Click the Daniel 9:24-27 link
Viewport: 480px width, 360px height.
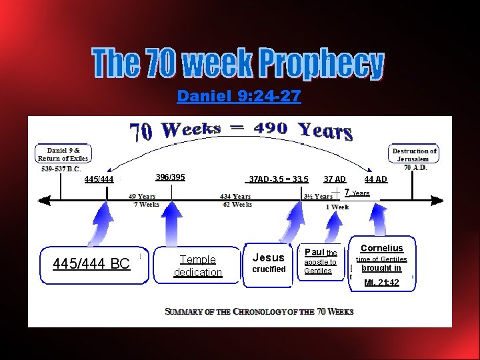239,97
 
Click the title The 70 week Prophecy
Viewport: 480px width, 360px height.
239,64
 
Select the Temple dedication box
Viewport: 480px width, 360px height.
198,266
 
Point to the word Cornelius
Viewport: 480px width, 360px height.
381,249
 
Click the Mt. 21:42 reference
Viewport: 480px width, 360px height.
381,283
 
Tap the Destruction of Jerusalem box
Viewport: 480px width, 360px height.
414,155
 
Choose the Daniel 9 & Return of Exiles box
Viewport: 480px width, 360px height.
63,155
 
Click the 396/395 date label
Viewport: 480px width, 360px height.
170,177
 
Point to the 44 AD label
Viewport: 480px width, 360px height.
375,179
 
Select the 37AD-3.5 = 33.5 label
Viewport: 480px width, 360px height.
278,179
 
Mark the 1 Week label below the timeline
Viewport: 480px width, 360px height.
337,207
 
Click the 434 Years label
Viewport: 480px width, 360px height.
236,197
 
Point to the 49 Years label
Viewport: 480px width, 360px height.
142,197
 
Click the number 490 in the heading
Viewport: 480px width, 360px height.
266,129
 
